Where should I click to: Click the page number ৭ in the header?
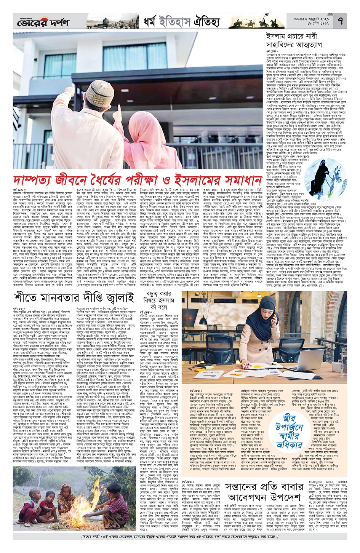click(x=340, y=22)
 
